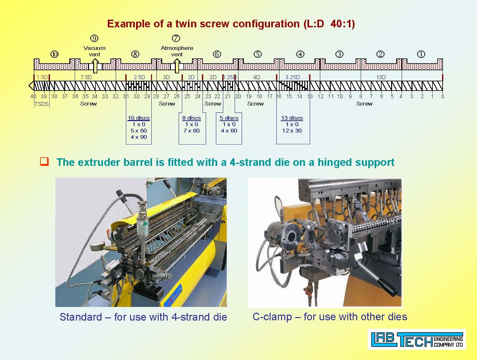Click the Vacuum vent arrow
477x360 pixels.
(x=95, y=66)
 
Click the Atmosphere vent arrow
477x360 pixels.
(x=177, y=66)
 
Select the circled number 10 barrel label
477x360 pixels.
(x=55, y=54)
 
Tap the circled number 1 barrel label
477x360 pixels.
(x=421, y=54)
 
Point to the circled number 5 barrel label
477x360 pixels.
(x=258, y=54)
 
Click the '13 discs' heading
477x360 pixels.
(x=292, y=118)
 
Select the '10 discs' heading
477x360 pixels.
(x=139, y=118)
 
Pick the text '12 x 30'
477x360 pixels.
(x=292, y=131)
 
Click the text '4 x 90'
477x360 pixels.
(x=139, y=137)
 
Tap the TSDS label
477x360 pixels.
(x=42, y=104)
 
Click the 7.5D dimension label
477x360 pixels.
(x=86, y=77)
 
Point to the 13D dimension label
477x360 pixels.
(x=381, y=77)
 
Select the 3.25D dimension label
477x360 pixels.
(x=293, y=77)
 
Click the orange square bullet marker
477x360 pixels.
(x=44, y=162)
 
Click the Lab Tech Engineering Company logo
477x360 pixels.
(x=417, y=339)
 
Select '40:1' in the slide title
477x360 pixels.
(x=343, y=24)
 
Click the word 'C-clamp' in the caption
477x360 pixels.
(x=272, y=317)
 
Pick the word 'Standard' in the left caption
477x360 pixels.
(x=81, y=317)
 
